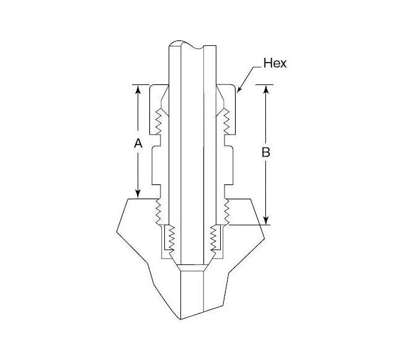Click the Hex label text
275,63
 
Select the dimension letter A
138,143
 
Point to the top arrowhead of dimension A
138,88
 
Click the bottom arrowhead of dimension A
138,194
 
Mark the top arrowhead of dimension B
266,88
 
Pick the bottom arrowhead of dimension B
266,220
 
